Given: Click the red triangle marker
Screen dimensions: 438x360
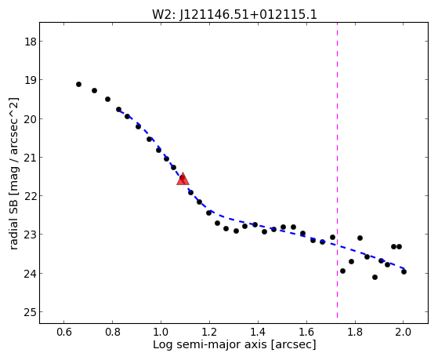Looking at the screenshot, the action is (x=183, y=180).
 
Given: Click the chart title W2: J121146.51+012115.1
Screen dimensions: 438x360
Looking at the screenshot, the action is (x=234, y=15).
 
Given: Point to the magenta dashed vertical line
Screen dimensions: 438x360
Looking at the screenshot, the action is (x=337, y=170).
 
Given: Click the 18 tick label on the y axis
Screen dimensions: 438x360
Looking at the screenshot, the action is (x=31, y=42).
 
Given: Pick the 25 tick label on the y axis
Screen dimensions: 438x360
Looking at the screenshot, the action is (x=31, y=312).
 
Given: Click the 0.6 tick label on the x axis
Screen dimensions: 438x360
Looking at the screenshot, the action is (x=64, y=332).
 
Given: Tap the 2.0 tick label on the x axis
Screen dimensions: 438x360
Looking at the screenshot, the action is (x=404, y=332).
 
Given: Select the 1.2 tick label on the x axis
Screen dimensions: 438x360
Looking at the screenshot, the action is (x=209, y=332).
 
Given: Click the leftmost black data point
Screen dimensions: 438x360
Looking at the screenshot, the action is (x=79, y=84).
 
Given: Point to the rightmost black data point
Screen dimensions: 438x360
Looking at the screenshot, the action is (x=404, y=271).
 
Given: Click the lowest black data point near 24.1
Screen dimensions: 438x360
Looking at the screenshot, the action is (x=375, y=277).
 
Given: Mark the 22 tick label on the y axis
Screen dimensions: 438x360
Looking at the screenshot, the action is (x=31, y=196).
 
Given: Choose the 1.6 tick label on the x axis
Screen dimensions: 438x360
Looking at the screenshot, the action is (x=306, y=332).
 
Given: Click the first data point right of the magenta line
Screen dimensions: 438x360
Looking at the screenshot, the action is (x=342, y=271).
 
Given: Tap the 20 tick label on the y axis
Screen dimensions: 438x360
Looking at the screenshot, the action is (x=31, y=119).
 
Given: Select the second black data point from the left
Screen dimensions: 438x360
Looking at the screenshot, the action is (x=94, y=90).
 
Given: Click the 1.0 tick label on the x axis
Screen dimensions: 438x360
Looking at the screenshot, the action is (x=161, y=332).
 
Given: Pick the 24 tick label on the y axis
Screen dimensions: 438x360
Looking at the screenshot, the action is (x=31, y=274).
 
